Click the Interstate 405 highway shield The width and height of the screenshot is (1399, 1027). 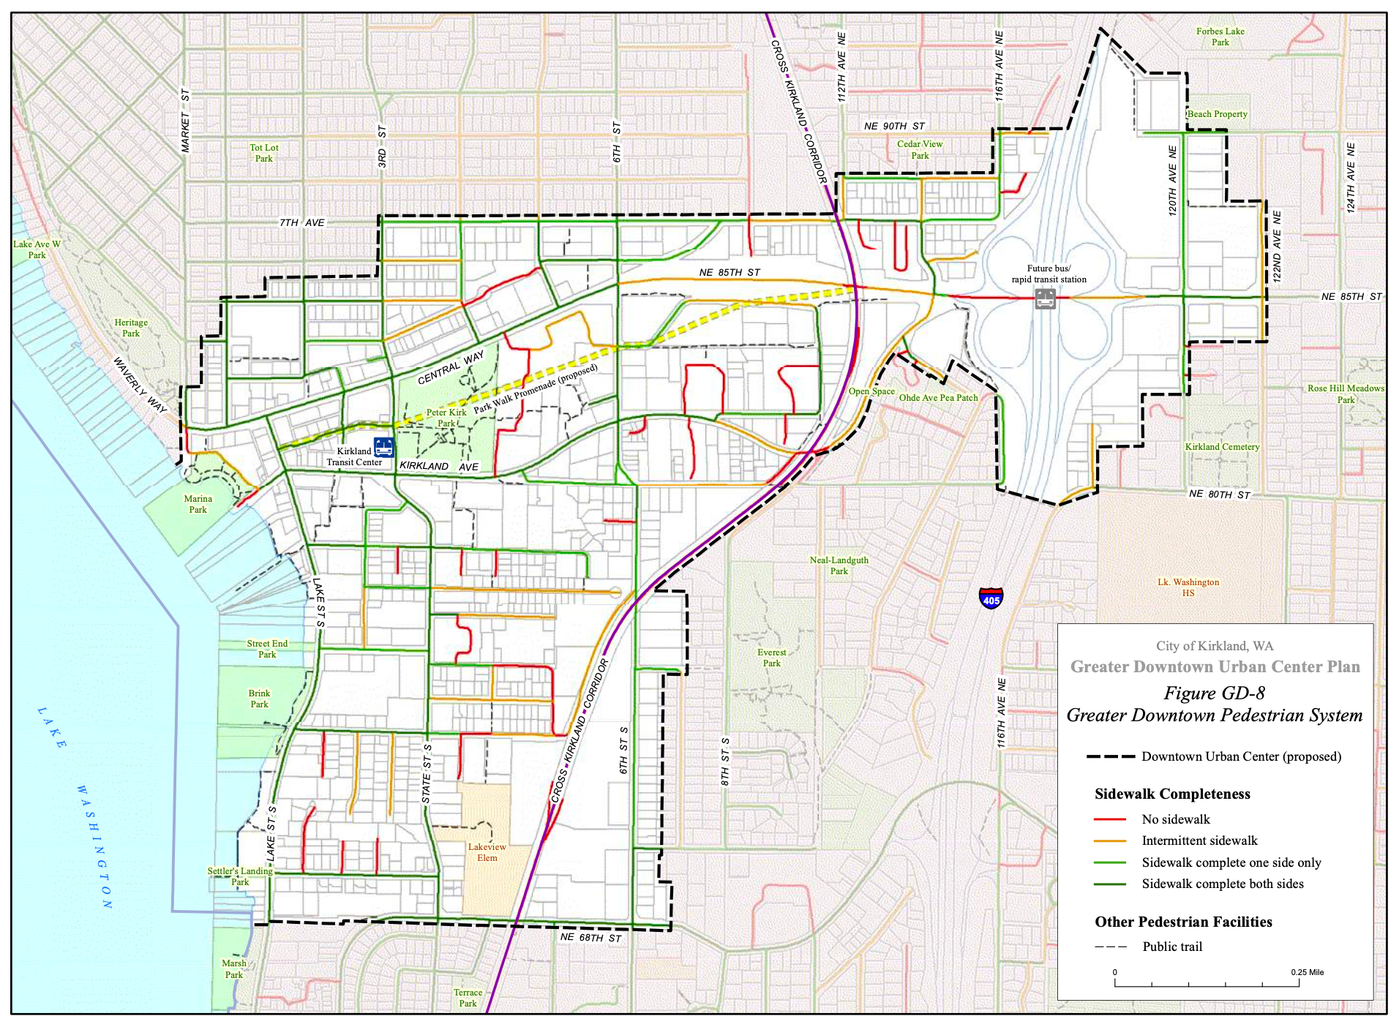(991, 598)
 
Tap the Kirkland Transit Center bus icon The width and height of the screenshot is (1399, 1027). (383, 447)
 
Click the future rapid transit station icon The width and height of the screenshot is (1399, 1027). (1045, 298)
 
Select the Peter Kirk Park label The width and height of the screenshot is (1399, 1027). (446, 418)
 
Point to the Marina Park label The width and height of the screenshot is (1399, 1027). (198, 504)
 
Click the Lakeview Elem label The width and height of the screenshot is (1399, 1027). (487, 852)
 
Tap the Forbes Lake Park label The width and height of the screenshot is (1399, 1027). (1220, 37)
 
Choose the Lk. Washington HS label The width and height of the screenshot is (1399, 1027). (1188, 587)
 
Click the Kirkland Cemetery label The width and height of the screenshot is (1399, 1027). (1222, 447)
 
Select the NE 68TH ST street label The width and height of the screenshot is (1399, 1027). (590, 938)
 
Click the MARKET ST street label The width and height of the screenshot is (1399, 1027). (185, 121)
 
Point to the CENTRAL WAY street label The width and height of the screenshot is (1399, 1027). (451, 367)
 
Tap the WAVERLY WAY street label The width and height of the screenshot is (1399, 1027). (139, 384)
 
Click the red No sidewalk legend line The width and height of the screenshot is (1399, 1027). (1109, 819)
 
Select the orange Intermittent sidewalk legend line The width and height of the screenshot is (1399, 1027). (1109, 841)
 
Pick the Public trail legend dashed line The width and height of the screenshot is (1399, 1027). (1111, 947)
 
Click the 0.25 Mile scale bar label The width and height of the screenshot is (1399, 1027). (1307, 972)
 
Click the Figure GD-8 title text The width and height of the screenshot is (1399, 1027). (1214, 693)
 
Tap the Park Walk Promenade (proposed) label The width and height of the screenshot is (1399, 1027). (536, 389)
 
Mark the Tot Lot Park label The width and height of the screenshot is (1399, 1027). (263, 153)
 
